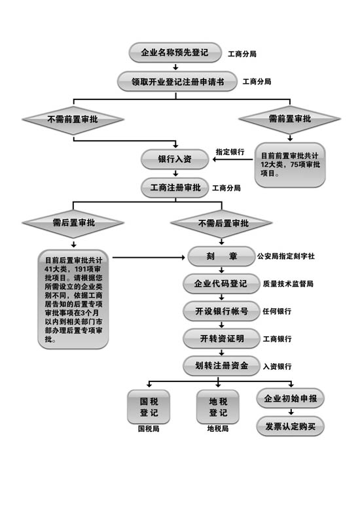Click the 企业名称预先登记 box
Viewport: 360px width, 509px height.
175,52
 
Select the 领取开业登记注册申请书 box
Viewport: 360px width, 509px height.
177,82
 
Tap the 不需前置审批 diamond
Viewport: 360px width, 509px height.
73,120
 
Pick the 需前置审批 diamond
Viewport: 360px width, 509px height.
290,119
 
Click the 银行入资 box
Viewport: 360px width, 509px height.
175,159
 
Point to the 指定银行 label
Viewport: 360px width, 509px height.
230,152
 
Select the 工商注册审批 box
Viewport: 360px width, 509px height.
175,188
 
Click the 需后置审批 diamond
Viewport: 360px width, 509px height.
73,223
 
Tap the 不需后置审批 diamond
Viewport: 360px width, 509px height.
222,223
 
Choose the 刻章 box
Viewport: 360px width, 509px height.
222,256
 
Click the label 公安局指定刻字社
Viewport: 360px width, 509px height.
286,256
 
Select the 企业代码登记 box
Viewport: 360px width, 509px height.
222,284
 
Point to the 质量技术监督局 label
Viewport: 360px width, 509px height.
288,284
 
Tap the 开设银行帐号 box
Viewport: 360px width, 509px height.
222,311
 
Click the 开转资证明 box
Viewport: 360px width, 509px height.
222,339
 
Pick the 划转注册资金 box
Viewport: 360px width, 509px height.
222,366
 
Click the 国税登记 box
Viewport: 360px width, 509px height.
149,407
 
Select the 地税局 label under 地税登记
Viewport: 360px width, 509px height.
218,429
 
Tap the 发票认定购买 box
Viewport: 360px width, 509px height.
291,426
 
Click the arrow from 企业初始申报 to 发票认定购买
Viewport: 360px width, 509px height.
291,412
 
